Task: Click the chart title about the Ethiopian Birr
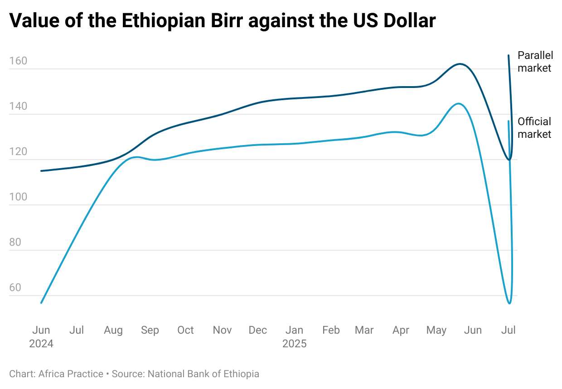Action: pyautogui.click(x=222, y=21)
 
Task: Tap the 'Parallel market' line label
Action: pyautogui.click(x=535, y=62)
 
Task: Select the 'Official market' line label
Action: pyautogui.click(x=535, y=128)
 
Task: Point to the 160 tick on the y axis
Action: pyautogui.click(x=18, y=61)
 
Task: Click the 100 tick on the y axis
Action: pyautogui.click(x=18, y=197)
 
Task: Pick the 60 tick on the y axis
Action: pyautogui.click(x=15, y=288)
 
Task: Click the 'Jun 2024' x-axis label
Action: pyautogui.click(x=41, y=336)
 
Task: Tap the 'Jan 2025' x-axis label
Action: pyautogui.click(x=294, y=336)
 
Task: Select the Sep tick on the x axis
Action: pyautogui.click(x=150, y=330)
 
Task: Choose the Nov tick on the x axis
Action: pyautogui.click(x=222, y=330)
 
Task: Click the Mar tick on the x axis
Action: pyautogui.click(x=364, y=330)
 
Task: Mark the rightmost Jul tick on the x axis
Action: pyautogui.click(x=509, y=330)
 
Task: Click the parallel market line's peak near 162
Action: pyautogui.click(x=460, y=64)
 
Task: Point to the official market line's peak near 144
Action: pyautogui.click(x=458, y=104)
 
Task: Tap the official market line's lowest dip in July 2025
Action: pyautogui.click(x=509, y=303)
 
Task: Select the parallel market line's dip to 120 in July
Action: pyautogui.click(x=509, y=160)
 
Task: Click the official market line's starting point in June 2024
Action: pyautogui.click(x=41, y=303)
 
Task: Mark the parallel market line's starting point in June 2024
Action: pyautogui.click(x=41, y=171)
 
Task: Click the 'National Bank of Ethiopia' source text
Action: pyautogui.click(x=203, y=374)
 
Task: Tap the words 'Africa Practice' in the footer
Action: pyautogui.click(x=71, y=374)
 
